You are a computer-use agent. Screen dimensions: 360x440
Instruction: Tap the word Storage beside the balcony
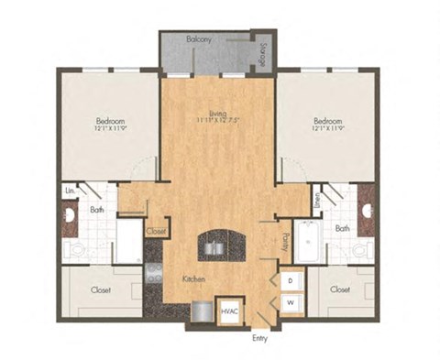[262, 54]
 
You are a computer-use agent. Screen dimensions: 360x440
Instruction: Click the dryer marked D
[290, 279]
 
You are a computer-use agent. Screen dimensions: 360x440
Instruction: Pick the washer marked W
[290, 301]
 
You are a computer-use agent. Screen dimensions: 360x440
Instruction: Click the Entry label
[261, 338]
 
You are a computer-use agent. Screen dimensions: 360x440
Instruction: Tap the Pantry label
[285, 243]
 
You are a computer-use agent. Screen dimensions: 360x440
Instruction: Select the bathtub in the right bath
[306, 241]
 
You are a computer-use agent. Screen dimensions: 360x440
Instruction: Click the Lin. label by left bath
[70, 191]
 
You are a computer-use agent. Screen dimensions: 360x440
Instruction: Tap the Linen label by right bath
[317, 202]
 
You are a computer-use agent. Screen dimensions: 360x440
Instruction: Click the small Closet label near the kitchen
[156, 232]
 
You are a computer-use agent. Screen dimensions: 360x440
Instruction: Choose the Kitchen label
[192, 278]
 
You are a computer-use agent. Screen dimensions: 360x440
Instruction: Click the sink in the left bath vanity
[69, 217]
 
